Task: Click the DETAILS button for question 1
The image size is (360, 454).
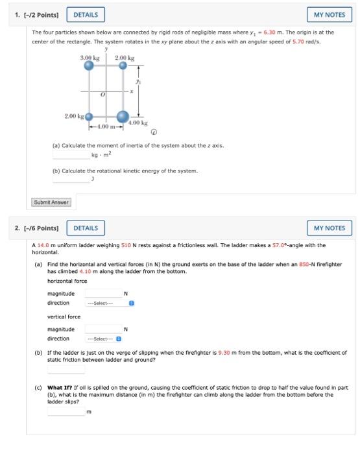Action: (x=86, y=14)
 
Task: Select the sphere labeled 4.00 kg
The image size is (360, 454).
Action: (x=124, y=116)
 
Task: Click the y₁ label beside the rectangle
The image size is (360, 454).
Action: (x=136, y=83)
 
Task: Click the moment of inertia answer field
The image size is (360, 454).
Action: (x=71, y=155)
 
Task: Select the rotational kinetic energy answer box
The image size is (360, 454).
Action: (x=71, y=179)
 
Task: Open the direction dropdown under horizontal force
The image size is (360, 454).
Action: (x=109, y=303)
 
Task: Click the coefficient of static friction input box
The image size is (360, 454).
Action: (x=66, y=369)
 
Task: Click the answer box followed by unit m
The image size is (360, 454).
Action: (x=66, y=411)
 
